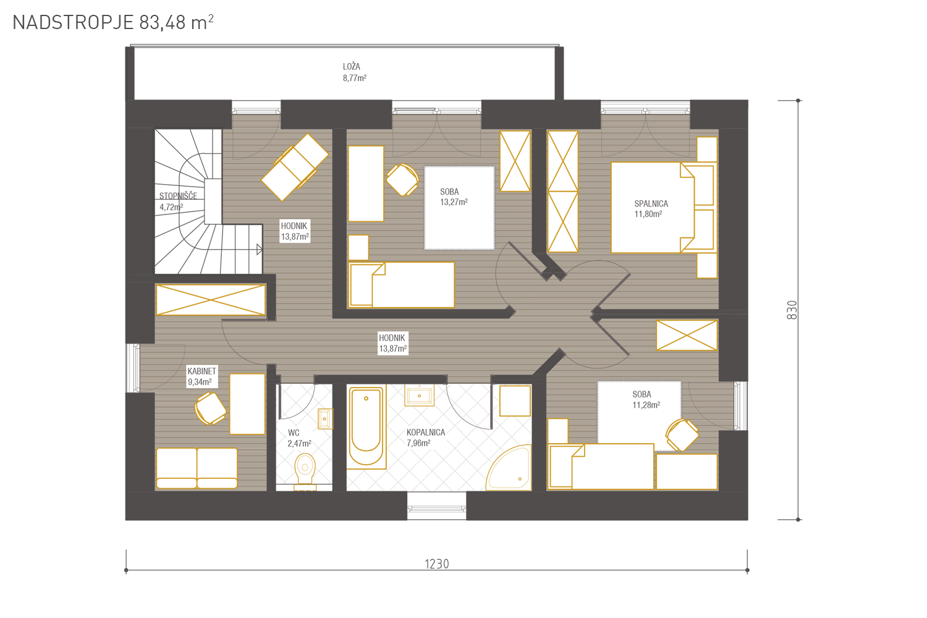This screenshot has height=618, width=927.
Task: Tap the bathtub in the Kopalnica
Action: click(x=366, y=426)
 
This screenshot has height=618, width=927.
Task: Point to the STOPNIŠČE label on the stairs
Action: click(x=178, y=196)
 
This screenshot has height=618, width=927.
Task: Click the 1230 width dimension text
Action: click(x=436, y=564)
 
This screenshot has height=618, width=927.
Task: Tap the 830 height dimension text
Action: click(x=791, y=310)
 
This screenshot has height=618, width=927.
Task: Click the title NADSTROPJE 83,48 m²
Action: click(x=113, y=23)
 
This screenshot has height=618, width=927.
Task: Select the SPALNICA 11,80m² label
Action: click(x=651, y=209)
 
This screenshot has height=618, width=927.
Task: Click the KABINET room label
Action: click(x=201, y=371)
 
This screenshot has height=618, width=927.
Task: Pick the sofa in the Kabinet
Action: click(x=197, y=468)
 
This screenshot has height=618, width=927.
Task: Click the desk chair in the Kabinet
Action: click(x=210, y=408)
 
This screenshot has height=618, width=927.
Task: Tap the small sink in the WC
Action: click(x=325, y=419)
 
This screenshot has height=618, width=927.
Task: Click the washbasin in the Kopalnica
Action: click(x=419, y=396)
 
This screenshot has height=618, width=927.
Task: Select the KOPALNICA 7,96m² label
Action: click(x=425, y=438)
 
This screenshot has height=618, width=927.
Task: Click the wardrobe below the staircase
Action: click(x=211, y=300)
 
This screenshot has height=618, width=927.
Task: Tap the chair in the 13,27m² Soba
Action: click(x=402, y=180)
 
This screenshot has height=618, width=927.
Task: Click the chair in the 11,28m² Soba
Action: click(x=682, y=434)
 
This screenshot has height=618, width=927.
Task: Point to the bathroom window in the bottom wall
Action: click(x=436, y=506)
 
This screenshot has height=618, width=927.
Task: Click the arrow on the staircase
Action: click(x=259, y=250)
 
